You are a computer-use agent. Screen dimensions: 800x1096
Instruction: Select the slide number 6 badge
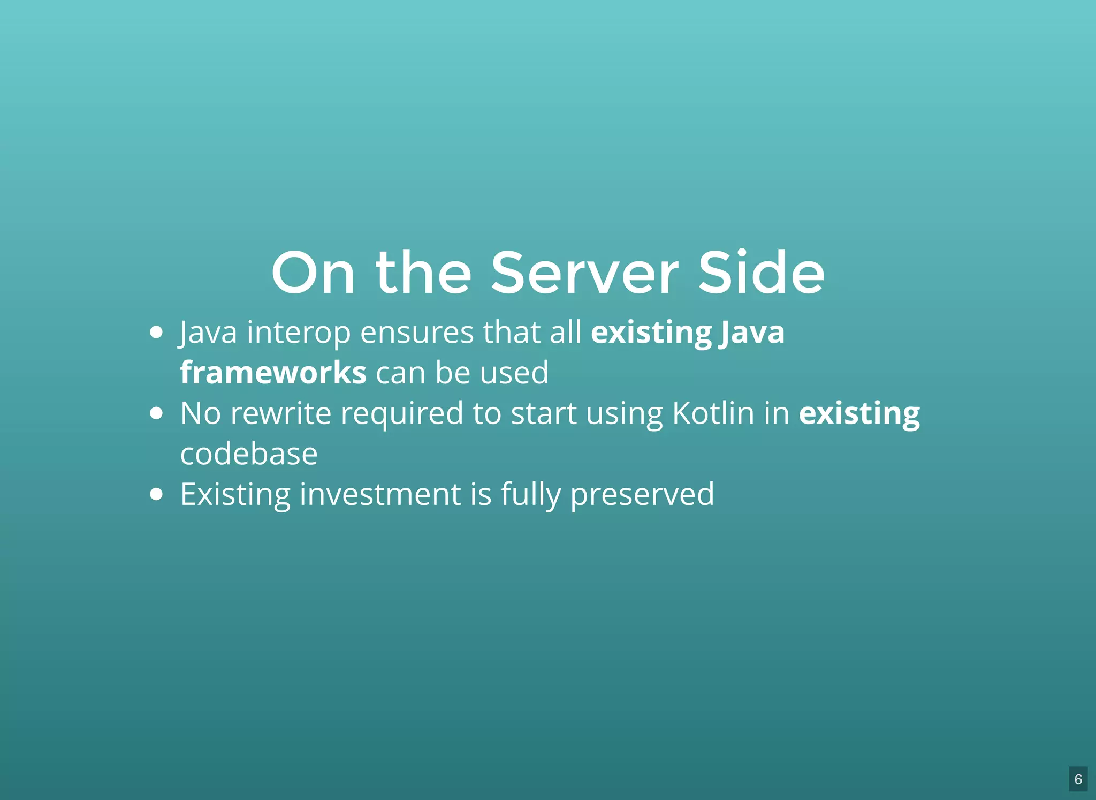[1078, 779]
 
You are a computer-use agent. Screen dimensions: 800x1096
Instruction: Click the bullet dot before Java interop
[156, 333]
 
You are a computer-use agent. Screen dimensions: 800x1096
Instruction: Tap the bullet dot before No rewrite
[156, 413]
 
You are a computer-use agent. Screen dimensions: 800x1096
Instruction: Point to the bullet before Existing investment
[156, 494]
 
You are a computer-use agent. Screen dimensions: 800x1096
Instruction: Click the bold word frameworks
[273, 373]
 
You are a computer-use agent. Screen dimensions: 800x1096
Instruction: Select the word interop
[299, 334]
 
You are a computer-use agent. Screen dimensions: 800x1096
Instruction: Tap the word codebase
[249, 454]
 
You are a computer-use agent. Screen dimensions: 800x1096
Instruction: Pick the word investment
[380, 494]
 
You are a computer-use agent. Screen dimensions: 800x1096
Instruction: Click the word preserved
[642, 495]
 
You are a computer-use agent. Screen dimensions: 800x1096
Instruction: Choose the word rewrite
[280, 413]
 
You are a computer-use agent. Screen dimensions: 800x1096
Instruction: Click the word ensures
[417, 334]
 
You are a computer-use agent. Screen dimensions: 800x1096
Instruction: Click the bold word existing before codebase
[859, 414]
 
